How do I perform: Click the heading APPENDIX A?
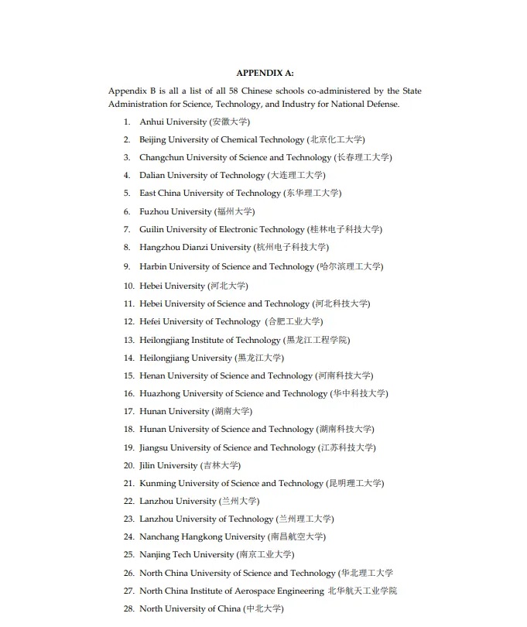(x=265, y=73)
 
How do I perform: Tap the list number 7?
(x=127, y=229)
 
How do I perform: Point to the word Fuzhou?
(x=154, y=211)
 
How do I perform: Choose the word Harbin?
(x=152, y=266)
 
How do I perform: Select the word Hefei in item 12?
(x=150, y=321)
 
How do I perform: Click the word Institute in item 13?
(x=211, y=340)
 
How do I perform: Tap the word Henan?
(x=152, y=375)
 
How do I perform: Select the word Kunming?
(x=157, y=483)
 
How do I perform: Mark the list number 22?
(x=128, y=501)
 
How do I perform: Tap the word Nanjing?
(x=155, y=554)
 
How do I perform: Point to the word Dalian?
(x=152, y=175)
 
